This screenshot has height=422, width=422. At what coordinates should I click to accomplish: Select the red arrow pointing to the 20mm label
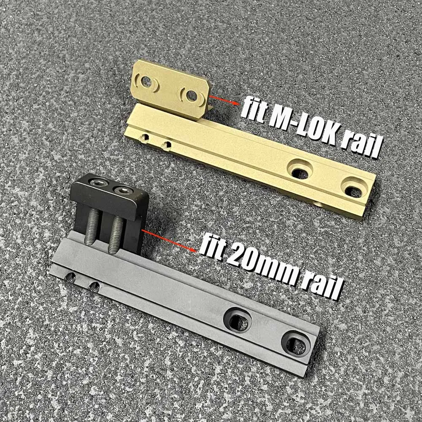(x=169, y=239)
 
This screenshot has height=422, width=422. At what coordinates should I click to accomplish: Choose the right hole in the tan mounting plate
(x=192, y=95)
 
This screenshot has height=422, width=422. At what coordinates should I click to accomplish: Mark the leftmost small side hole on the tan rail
(x=146, y=138)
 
